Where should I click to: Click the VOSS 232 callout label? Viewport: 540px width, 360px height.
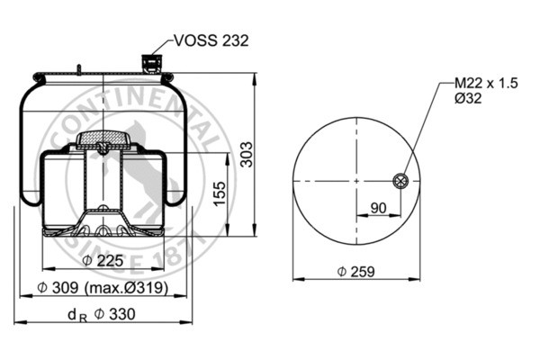click(210, 40)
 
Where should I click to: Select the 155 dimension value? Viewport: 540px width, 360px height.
click(218, 193)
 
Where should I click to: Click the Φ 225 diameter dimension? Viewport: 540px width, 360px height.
click(101, 261)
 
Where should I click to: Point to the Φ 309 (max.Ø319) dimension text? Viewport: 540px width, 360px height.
click(102, 288)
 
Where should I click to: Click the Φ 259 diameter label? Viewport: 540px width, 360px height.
click(355, 271)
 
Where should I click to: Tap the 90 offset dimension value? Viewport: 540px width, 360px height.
click(380, 208)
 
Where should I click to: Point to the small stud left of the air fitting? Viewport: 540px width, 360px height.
click(80, 70)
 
